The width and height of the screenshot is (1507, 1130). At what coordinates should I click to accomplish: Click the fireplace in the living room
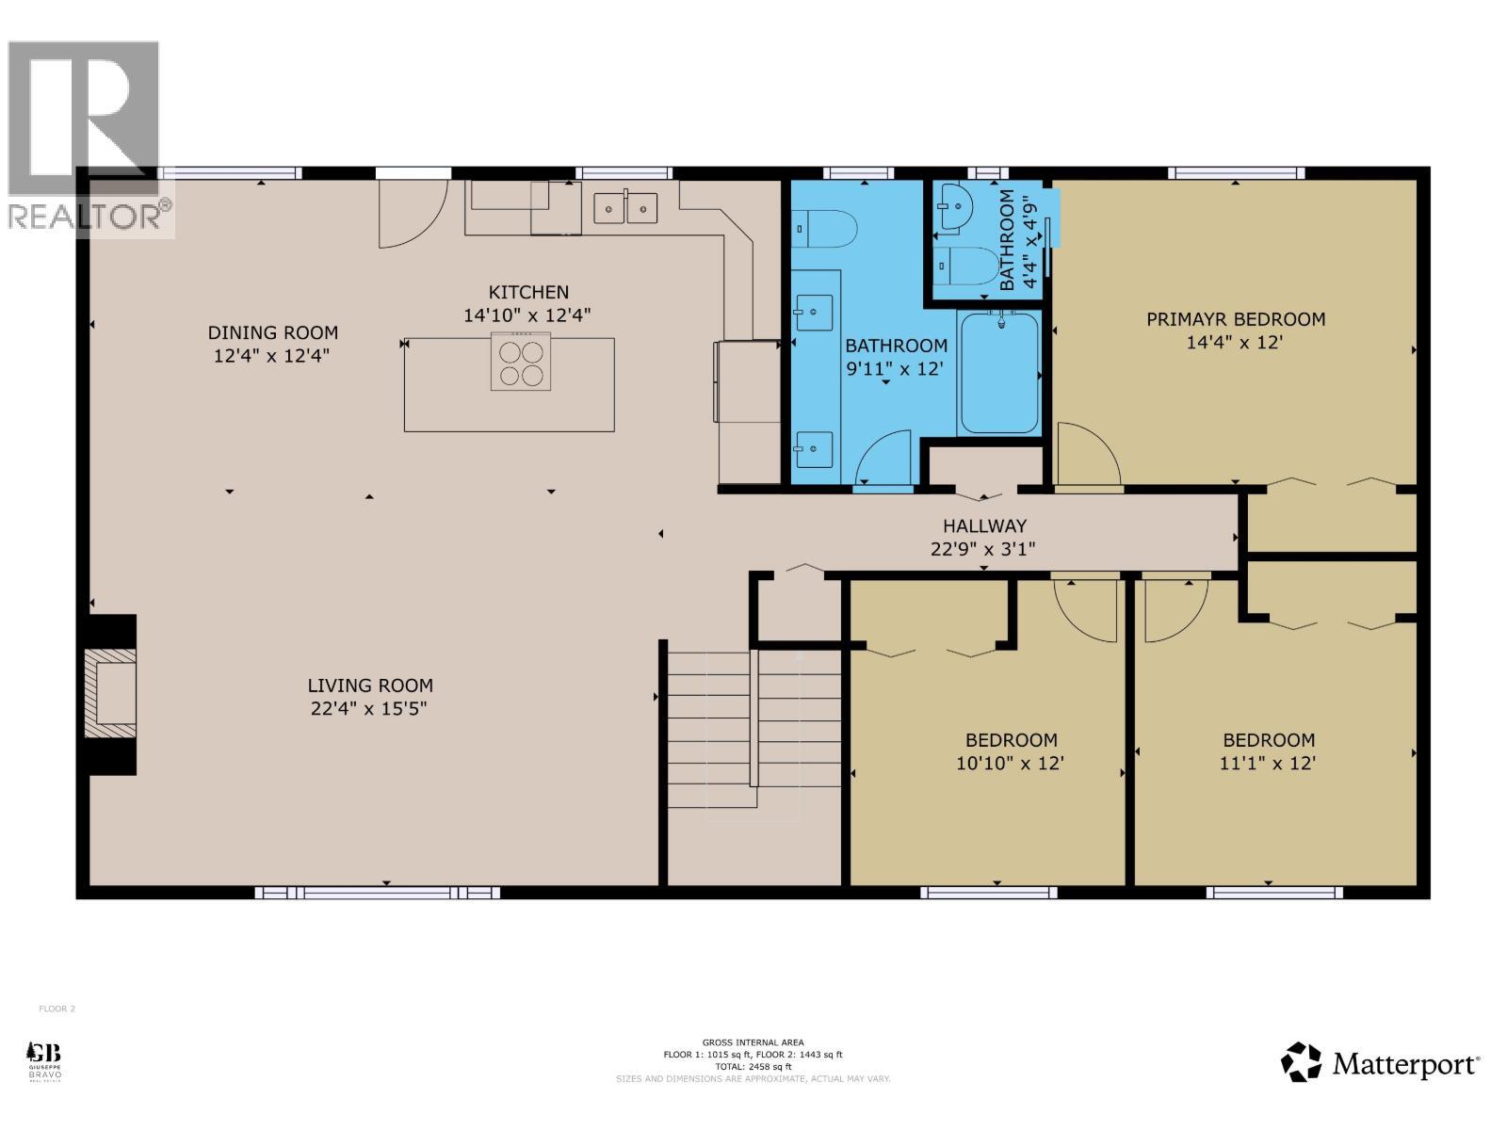(x=111, y=694)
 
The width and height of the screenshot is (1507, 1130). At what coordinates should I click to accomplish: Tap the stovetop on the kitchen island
(x=521, y=363)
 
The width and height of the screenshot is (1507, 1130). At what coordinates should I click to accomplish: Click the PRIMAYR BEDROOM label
(x=1235, y=319)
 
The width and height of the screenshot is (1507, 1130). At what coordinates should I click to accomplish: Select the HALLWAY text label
(x=984, y=526)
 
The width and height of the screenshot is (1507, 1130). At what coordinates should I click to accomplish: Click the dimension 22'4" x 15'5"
(x=369, y=708)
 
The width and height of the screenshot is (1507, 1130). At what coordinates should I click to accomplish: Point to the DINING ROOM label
(x=272, y=332)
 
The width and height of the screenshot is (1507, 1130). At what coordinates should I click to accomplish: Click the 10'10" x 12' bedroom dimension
(x=1010, y=763)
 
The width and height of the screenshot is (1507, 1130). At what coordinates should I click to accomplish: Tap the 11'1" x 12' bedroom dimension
(x=1268, y=763)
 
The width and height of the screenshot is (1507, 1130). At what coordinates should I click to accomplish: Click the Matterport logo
(x=1380, y=1064)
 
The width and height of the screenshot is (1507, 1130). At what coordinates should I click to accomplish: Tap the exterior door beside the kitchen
(x=412, y=213)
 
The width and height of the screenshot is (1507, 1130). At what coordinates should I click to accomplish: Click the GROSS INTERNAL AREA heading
(x=753, y=1042)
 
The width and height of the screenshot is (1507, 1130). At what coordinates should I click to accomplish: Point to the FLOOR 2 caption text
(x=57, y=1009)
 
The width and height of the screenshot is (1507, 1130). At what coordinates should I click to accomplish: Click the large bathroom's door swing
(x=883, y=459)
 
